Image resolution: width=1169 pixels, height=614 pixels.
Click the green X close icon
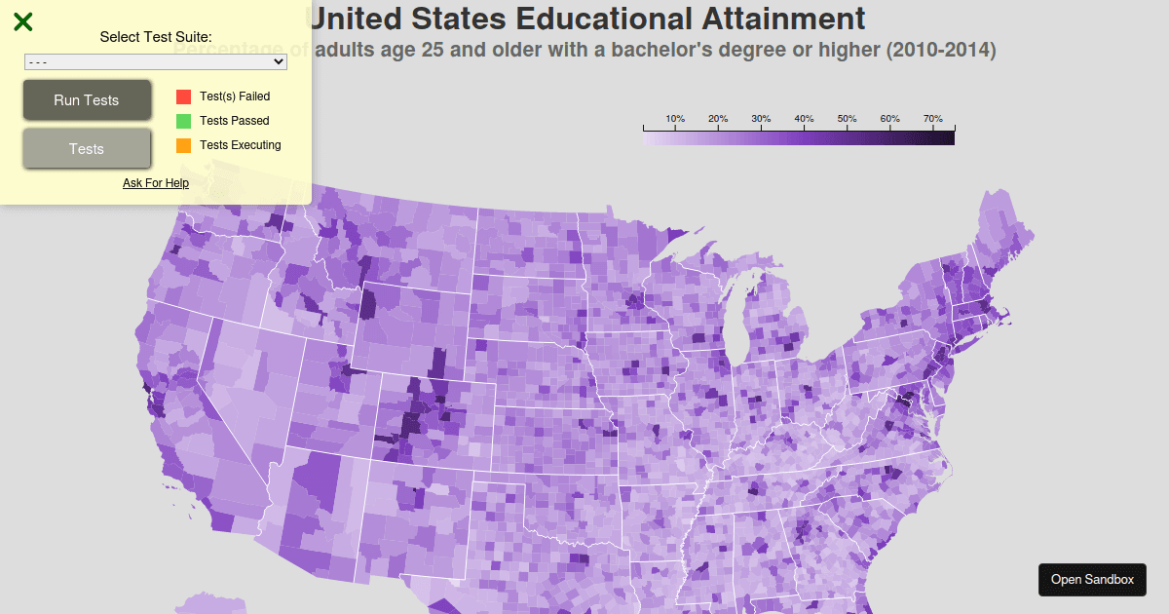click(x=23, y=21)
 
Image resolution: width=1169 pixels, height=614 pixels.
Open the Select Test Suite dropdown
click(x=156, y=61)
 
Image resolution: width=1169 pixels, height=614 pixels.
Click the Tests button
click(x=87, y=149)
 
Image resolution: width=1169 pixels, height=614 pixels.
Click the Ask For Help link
click(x=156, y=183)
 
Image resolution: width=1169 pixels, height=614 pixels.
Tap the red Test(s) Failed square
click(x=183, y=96)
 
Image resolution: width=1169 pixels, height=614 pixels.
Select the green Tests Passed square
click(x=183, y=121)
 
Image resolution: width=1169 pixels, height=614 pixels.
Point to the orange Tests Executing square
click(x=183, y=145)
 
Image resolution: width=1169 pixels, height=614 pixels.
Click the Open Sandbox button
click(x=1092, y=580)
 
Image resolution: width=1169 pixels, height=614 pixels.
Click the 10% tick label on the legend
click(x=675, y=119)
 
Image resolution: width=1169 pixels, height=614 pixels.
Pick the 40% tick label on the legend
click(x=804, y=119)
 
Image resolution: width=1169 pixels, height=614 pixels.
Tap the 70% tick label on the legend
click(x=932, y=119)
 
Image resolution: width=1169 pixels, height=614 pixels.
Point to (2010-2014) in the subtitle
click(x=940, y=50)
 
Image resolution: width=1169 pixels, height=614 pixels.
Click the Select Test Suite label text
click(x=156, y=37)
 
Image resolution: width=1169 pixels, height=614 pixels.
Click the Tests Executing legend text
click(x=240, y=145)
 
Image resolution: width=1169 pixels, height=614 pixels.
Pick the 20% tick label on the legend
click(x=718, y=119)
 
